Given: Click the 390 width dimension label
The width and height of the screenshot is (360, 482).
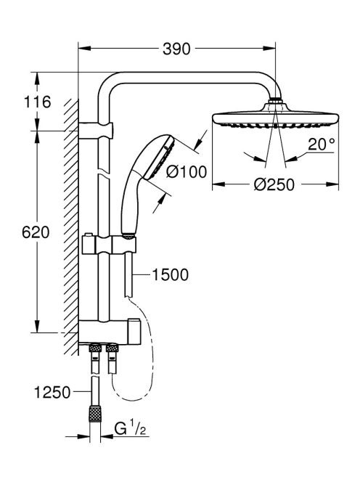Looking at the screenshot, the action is (176, 49).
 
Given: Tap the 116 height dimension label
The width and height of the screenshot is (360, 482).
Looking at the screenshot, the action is (37, 102).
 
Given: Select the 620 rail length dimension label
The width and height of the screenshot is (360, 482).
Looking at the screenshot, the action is (36, 232).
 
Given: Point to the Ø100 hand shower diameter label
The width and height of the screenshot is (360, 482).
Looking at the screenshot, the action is (187, 172).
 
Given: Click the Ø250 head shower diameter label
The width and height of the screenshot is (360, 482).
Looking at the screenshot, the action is (274, 185).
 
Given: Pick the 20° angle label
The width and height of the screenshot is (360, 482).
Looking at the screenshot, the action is (322, 144).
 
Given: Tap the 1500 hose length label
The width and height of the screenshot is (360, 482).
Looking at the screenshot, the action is (171, 275).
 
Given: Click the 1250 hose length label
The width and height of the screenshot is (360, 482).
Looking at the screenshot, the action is (52, 393).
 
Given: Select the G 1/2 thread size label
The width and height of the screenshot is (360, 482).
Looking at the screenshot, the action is (130, 428).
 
